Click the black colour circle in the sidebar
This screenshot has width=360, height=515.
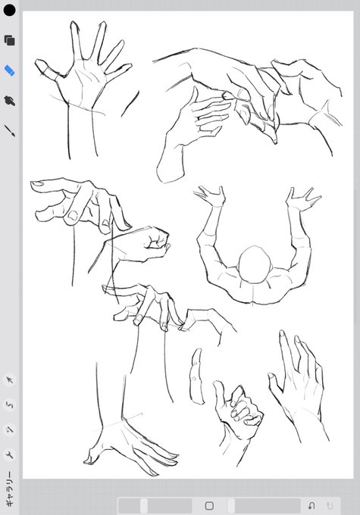(9, 10)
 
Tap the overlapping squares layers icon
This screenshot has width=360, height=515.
(10, 40)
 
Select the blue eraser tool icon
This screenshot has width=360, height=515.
(10, 70)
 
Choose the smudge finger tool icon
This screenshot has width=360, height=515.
(10, 101)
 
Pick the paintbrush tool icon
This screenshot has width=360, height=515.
(10, 130)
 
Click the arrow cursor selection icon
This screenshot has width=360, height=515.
(10, 380)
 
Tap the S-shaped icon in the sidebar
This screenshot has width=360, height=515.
(10, 405)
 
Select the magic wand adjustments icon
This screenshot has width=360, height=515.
(10, 430)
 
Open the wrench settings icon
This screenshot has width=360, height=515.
(10, 455)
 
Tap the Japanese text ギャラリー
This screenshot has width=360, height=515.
(10, 488)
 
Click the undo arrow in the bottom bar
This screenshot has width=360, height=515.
(311, 505)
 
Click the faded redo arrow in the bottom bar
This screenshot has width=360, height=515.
(329, 505)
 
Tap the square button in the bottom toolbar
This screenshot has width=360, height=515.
(209, 505)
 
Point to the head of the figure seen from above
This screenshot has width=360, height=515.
(255, 265)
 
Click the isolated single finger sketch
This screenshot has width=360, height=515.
(196, 376)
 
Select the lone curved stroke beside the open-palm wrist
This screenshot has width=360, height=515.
(130, 104)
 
